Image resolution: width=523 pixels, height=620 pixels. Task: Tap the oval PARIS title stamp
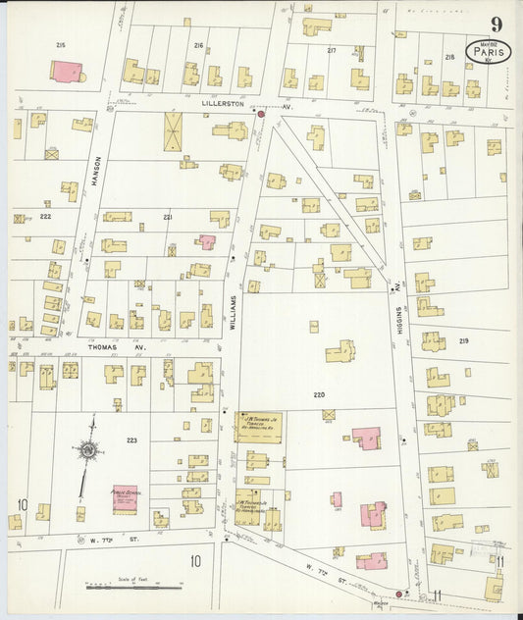(487, 50)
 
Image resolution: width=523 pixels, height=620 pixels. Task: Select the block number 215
(61, 46)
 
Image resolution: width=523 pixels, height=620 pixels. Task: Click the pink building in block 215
(66, 72)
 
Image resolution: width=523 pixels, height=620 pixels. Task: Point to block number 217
(332, 50)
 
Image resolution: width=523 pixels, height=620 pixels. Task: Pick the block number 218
(449, 57)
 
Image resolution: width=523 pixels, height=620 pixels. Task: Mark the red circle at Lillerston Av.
(261, 115)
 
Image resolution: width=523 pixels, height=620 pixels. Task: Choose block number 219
(464, 340)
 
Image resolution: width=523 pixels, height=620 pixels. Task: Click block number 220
(319, 393)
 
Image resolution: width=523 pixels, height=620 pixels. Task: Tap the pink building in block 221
(206, 240)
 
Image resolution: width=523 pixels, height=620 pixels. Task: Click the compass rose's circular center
(88, 450)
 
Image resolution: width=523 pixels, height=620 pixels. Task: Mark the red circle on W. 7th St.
(398, 594)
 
